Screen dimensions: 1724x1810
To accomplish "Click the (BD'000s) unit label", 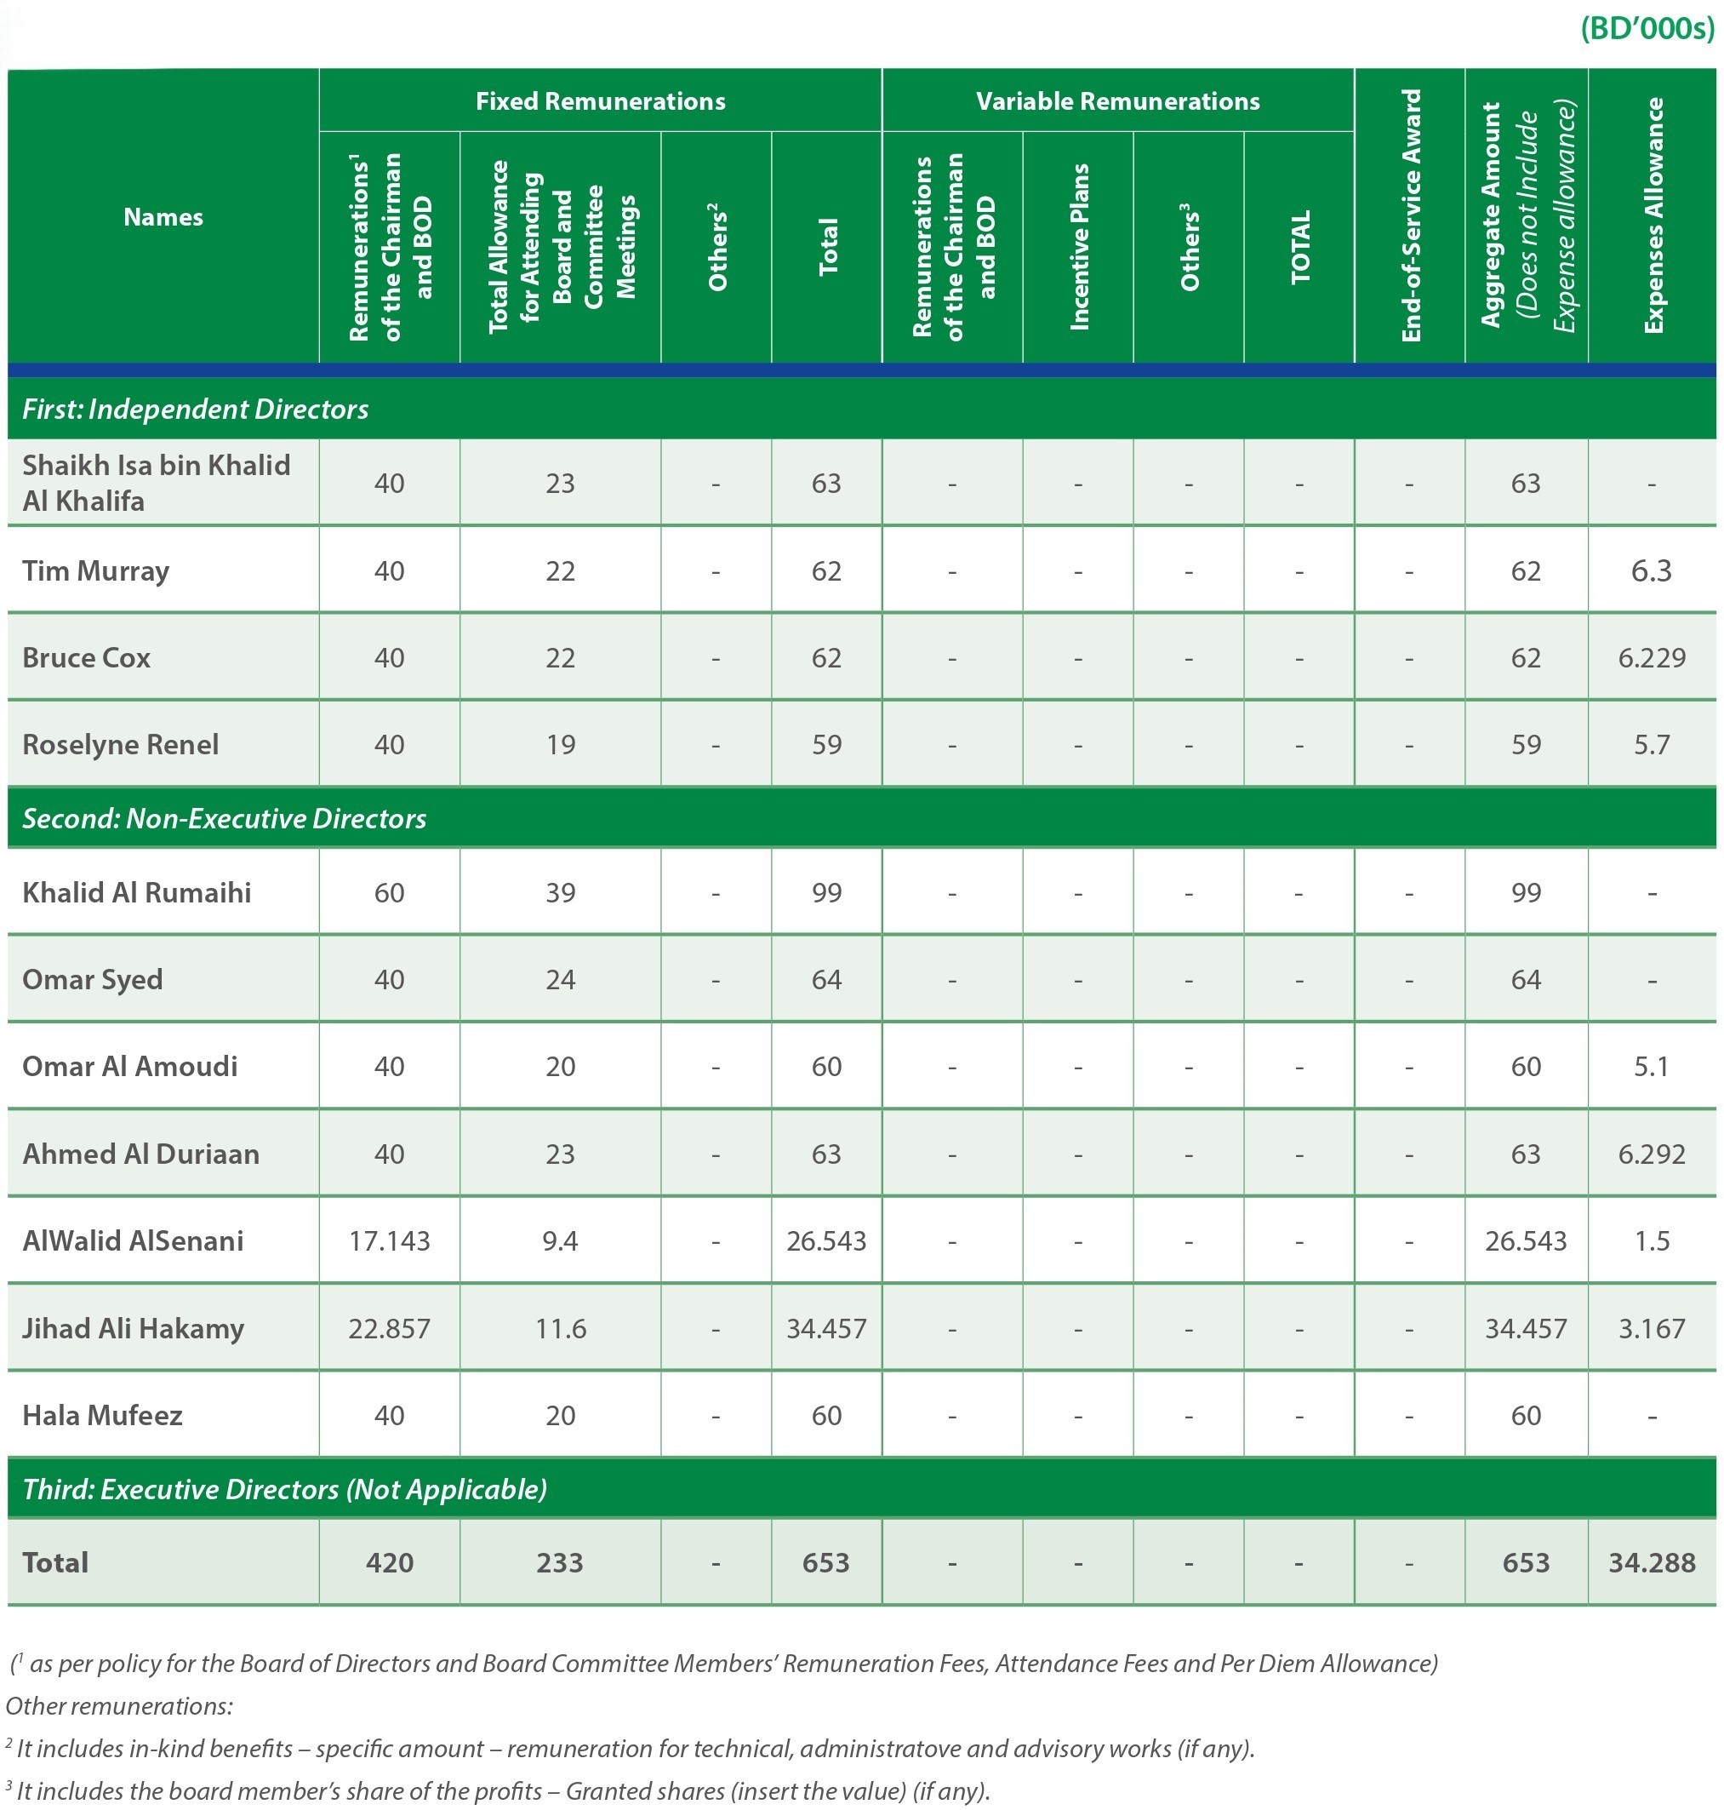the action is tap(1647, 30).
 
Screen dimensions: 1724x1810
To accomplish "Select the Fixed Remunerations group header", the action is tap(600, 101).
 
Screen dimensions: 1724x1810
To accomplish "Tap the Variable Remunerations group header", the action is tap(1117, 101).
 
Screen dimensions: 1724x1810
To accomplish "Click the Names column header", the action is tap(163, 217).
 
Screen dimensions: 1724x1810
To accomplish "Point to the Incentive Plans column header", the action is tap(1079, 246).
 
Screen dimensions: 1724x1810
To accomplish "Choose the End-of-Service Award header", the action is tap(1411, 215).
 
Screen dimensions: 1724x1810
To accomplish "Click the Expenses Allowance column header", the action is tap(1653, 215).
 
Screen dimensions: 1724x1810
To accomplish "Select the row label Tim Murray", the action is tap(95, 572).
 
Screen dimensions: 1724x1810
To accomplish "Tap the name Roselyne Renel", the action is tap(120, 745).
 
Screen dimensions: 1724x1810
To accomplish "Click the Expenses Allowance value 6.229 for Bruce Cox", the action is tap(1652, 658).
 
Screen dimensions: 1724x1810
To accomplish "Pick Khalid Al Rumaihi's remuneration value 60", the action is tap(389, 892).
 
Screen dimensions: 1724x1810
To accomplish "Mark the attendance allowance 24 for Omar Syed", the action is tap(560, 980).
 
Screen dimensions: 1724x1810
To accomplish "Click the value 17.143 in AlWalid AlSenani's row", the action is tap(389, 1241).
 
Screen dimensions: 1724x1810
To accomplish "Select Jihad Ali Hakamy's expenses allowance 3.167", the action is tap(1652, 1328).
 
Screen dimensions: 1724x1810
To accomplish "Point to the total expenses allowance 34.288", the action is tap(1652, 1563).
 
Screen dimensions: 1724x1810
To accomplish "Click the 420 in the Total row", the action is tap(389, 1563).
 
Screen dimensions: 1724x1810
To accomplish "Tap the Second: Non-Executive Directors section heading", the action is tap(225, 818).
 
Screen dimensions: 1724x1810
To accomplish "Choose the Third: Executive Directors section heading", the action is tap(285, 1489).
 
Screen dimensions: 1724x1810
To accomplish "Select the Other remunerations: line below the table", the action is tap(119, 1706).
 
